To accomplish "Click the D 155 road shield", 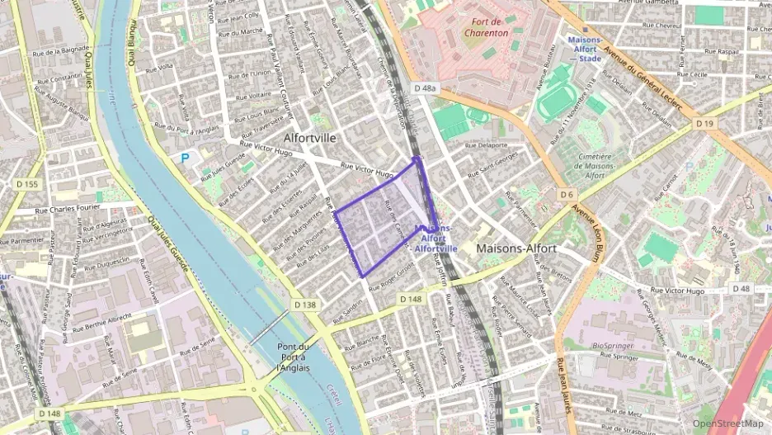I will [27, 184].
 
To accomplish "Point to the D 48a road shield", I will [424, 87].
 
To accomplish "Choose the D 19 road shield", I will [704, 123].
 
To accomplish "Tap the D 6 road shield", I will [566, 195].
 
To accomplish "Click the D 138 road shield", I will [304, 305].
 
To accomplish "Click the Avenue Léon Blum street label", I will [591, 224].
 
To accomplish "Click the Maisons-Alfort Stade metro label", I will [584, 49].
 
